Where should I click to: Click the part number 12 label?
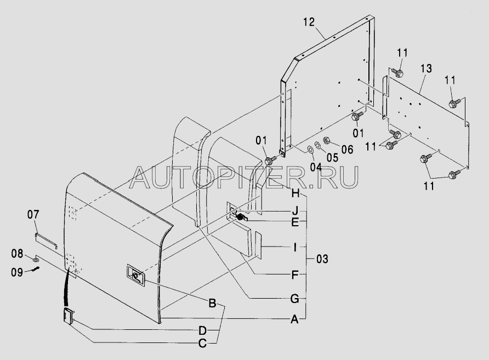coord(309,22)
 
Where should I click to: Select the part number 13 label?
coord(426,68)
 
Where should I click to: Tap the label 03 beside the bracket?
coord(322,259)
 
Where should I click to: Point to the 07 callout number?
coord(33,214)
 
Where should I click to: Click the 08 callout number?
coord(17,254)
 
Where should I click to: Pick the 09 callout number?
coord(17,272)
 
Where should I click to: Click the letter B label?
coord(212,303)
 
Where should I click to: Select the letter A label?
coord(294,319)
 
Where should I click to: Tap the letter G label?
coord(295,299)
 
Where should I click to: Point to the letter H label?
coord(295,193)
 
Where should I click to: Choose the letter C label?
coord(202,344)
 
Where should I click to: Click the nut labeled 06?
coord(327,140)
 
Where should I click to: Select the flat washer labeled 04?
coord(311,149)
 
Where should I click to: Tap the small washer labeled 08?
coord(36,259)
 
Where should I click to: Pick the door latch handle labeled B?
coord(135,275)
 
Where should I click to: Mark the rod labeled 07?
coord(46,241)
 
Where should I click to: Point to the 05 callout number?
coord(332,157)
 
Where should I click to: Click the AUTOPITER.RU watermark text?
coord(244,178)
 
